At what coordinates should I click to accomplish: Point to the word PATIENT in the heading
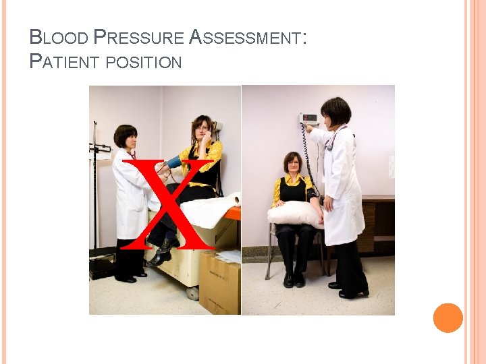coord(64,62)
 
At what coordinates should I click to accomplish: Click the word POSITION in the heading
coord(143,63)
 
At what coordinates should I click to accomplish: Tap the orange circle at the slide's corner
coord(448,318)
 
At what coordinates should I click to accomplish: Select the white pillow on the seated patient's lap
coord(294,214)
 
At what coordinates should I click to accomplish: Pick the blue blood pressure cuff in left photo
coord(174,162)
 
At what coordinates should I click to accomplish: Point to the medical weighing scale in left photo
coord(99,202)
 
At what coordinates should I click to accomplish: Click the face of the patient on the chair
coord(293,163)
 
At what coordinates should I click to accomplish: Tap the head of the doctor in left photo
coord(126,135)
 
